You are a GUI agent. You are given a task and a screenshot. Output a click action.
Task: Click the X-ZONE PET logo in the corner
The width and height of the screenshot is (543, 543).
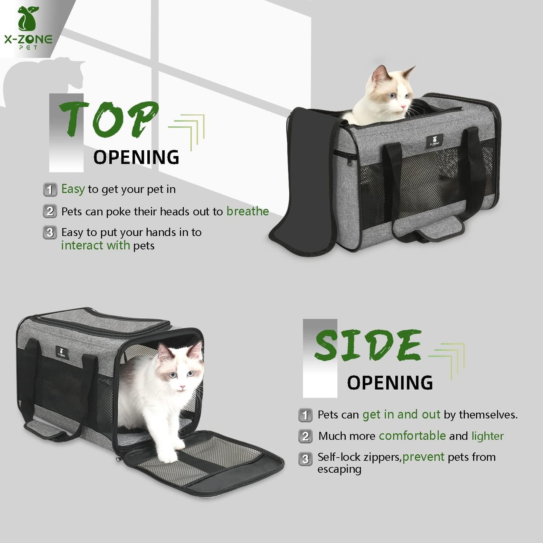click(28, 28)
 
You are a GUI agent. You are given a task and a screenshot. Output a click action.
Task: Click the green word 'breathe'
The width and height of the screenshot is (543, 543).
click(247, 212)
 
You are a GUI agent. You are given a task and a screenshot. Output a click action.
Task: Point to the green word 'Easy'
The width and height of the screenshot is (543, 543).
click(73, 189)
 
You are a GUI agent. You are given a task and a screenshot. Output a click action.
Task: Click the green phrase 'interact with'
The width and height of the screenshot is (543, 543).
click(95, 245)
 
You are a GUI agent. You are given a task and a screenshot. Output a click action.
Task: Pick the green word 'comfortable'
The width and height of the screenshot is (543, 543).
click(412, 436)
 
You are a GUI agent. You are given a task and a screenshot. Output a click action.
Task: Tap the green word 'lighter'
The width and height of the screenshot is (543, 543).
click(487, 436)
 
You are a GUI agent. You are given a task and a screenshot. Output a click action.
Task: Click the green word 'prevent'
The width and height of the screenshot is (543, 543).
click(423, 457)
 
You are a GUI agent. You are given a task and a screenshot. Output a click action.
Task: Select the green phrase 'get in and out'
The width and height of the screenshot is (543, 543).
click(401, 414)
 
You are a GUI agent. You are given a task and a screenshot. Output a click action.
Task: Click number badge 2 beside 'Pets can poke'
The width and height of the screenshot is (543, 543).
click(50, 211)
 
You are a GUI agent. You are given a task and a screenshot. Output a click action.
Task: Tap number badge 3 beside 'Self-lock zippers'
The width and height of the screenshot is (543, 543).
click(305, 459)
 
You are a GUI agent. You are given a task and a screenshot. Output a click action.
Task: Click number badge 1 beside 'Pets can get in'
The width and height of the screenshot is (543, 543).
click(305, 415)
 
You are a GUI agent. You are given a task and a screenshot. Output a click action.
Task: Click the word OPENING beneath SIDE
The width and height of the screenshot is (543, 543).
click(390, 383)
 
